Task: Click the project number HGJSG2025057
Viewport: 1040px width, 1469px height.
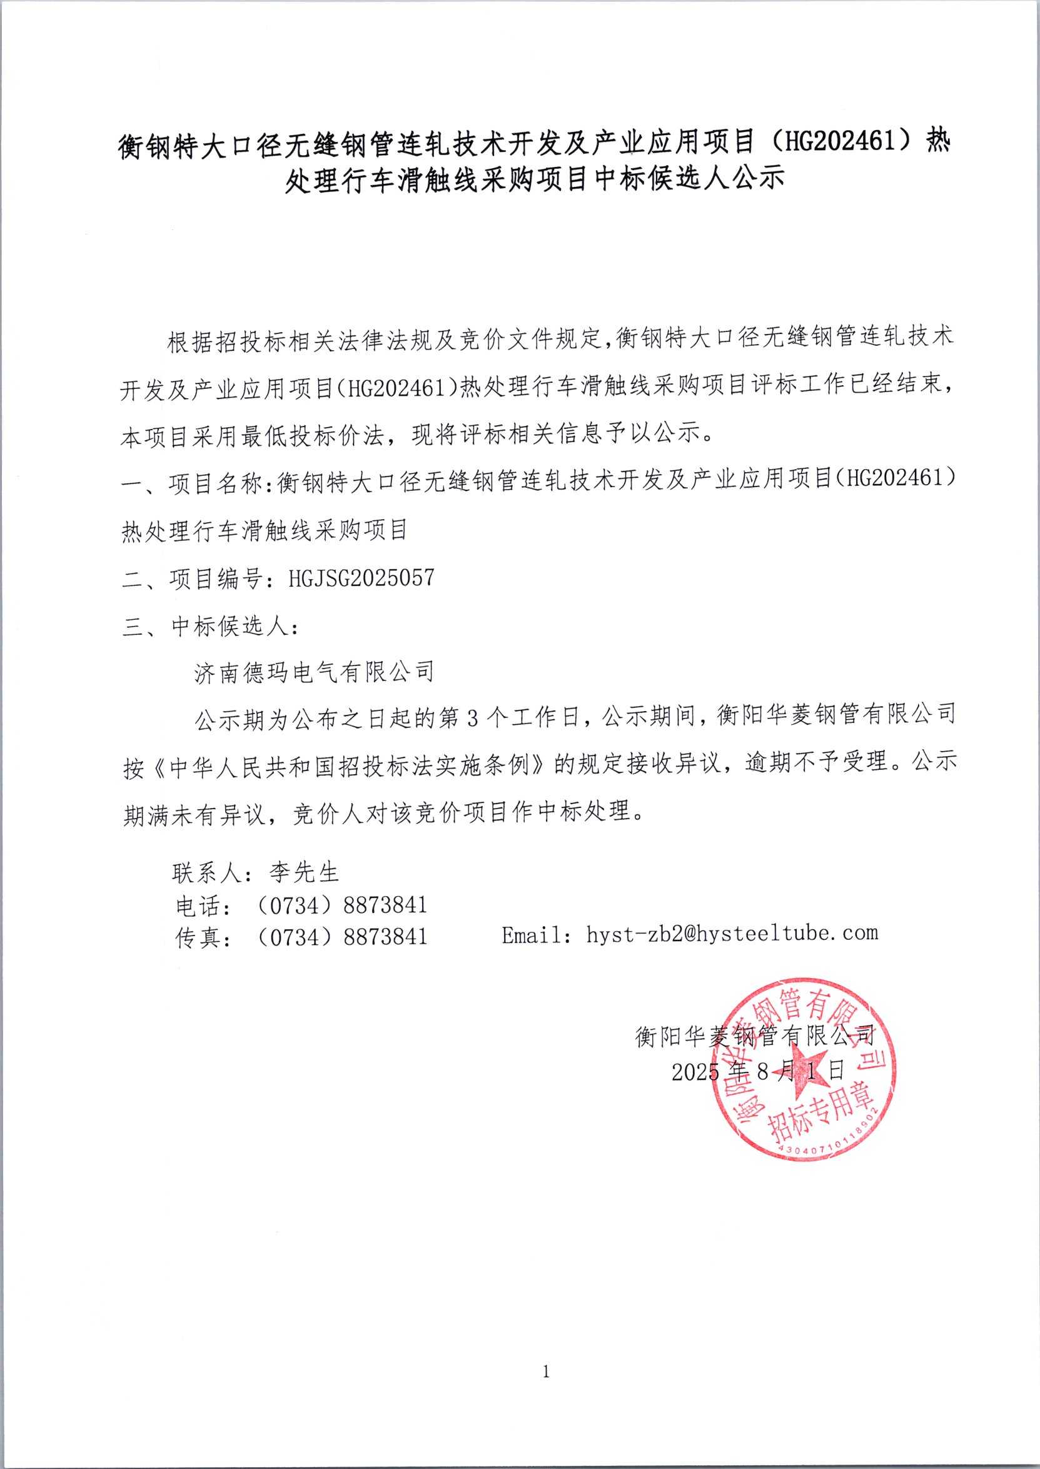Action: coord(361,578)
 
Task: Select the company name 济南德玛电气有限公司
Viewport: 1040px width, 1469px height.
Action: coord(315,672)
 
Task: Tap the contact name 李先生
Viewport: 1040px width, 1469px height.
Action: coord(303,872)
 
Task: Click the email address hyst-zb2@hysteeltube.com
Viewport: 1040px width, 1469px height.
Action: coord(732,934)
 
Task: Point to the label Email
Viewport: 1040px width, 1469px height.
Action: coord(533,936)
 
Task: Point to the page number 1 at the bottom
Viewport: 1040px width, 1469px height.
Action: coord(545,1371)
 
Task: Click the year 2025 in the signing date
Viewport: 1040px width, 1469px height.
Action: coord(695,1072)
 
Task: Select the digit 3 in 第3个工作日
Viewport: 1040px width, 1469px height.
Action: coord(473,719)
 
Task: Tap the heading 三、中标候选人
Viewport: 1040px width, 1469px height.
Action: coord(210,626)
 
